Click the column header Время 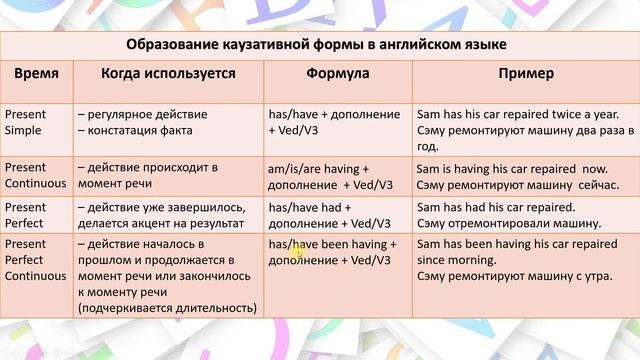pos(36,75)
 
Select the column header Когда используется pos(168,75)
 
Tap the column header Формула pos(337,75)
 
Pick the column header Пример pos(526,75)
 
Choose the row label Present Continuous pos(36,175)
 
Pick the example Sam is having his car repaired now pos(511,169)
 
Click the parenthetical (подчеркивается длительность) pos(165,308)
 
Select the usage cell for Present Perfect pos(165,214)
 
